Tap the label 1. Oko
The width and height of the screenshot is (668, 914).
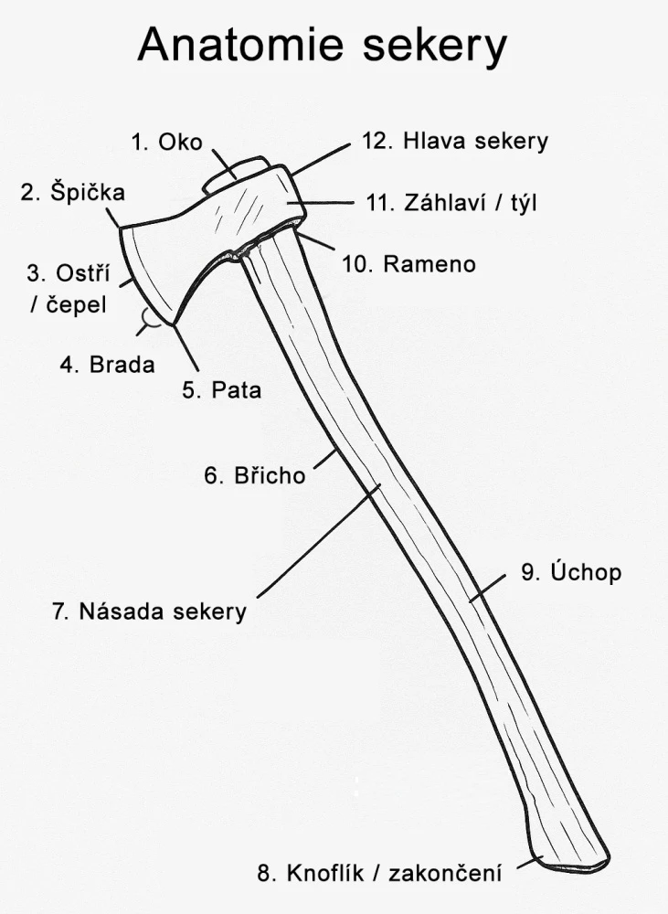166,142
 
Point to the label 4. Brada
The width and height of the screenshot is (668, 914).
108,364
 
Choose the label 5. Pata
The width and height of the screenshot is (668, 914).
221,390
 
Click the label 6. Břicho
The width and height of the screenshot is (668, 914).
255,475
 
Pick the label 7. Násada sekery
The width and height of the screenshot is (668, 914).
149,611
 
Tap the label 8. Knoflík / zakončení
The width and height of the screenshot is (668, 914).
379,873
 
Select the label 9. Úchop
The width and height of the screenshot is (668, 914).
571,573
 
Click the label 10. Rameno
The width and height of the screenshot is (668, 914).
408,264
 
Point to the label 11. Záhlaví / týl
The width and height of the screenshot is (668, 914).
451,203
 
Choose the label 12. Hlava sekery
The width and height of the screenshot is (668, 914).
454,142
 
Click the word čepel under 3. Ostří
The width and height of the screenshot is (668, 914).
76,303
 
